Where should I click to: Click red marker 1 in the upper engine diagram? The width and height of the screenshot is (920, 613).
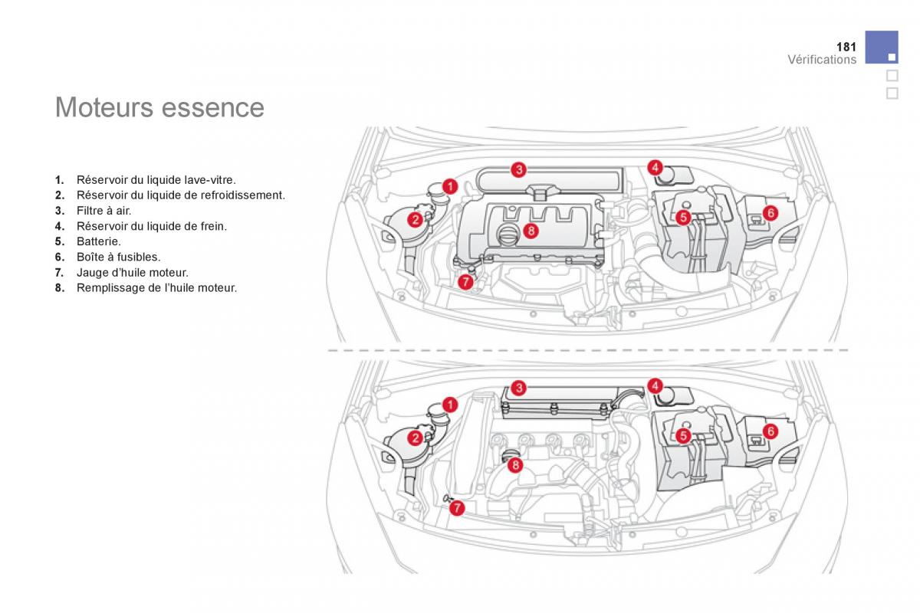(x=450, y=185)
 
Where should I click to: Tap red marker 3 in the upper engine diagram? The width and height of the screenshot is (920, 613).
(x=519, y=169)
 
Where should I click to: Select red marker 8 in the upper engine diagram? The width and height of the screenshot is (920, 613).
(x=531, y=230)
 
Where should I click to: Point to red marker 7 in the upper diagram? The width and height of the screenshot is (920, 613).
(x=465, y=282)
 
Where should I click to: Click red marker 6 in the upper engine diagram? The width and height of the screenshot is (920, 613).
(x=770, y=212)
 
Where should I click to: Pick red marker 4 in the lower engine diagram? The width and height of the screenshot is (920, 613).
(x=655, y=385)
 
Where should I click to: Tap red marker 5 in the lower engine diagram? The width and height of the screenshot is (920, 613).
(x=683, y=436)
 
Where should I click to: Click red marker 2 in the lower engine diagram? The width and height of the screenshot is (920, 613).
(x=415, y=438)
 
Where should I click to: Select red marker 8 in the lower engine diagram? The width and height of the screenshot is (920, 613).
(x=515, y=464)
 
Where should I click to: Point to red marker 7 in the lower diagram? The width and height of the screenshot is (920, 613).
(x=456, y=507)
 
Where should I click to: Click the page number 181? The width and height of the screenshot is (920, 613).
(x=846, y=48)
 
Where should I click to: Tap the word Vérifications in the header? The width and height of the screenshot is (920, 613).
(x=822, y=60)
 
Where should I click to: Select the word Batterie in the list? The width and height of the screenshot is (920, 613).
(x=98, y=241)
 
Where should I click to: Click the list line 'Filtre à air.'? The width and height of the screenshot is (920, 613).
(x=103, y=210)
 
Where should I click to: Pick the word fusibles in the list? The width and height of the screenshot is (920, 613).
(x=138, y=257)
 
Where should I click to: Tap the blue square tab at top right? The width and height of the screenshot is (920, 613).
(x=882, y=48)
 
